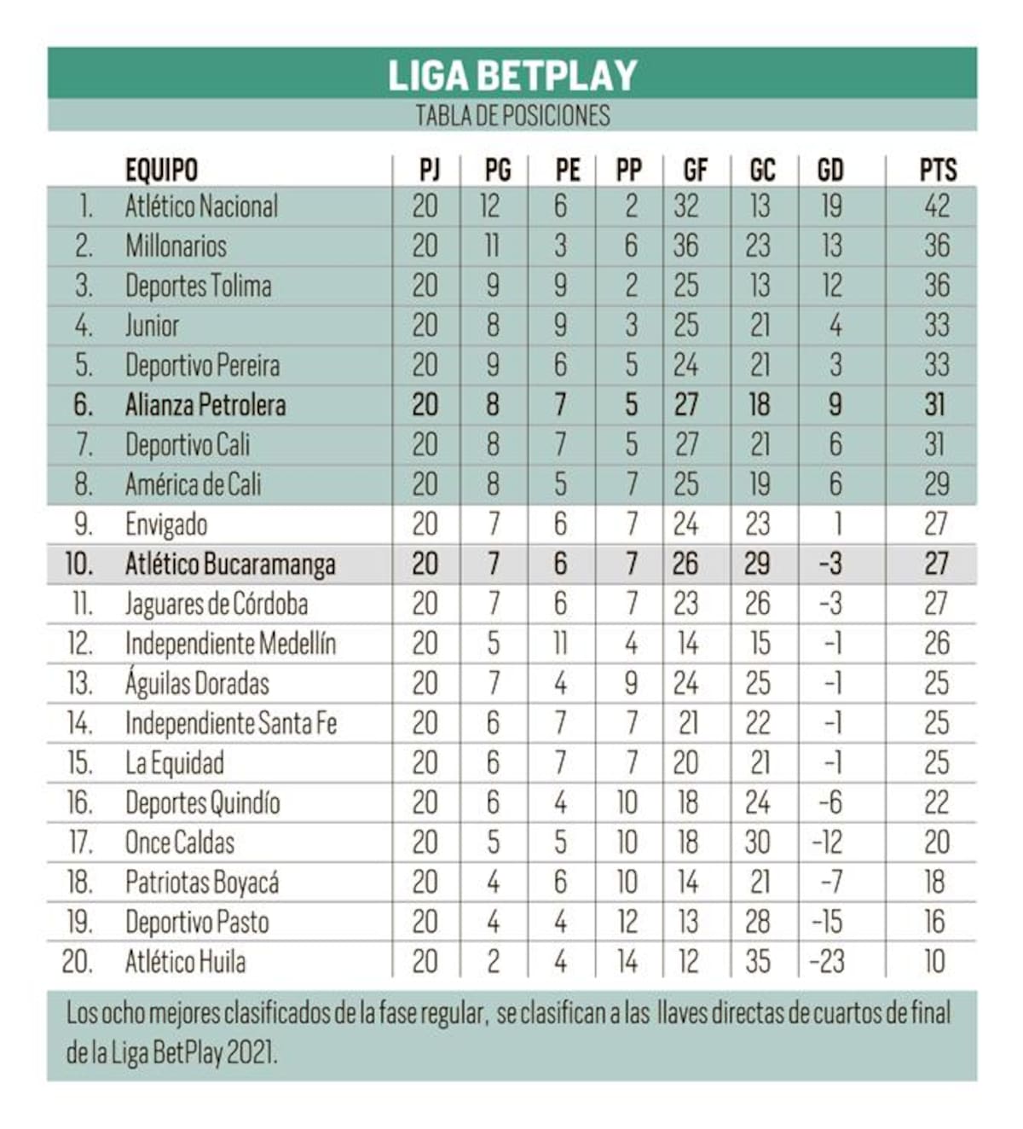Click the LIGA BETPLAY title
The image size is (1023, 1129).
(512, 75)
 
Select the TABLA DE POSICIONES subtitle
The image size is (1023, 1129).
(512, 116)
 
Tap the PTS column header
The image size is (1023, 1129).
(937, 171)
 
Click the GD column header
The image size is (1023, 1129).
(830, 171)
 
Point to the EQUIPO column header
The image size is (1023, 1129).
(161, 171)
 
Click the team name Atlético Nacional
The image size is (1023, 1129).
(201, 206)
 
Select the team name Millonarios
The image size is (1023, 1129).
(176, 246)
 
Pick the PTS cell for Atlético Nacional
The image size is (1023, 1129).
(937, 206)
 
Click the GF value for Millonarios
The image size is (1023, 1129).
(686, 246)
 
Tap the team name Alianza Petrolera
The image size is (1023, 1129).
(205, 405)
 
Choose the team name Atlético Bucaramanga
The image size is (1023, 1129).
(230, 564)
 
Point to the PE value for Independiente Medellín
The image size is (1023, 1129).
(560, 644)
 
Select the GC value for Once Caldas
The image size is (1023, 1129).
(758, 843)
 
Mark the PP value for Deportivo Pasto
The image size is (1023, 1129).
(627, 923)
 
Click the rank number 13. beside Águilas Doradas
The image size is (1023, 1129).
(80, 684)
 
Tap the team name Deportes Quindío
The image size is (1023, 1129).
(202, 803)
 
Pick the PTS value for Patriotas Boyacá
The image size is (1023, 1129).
(935, 883)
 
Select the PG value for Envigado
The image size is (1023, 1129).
(494, 524)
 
